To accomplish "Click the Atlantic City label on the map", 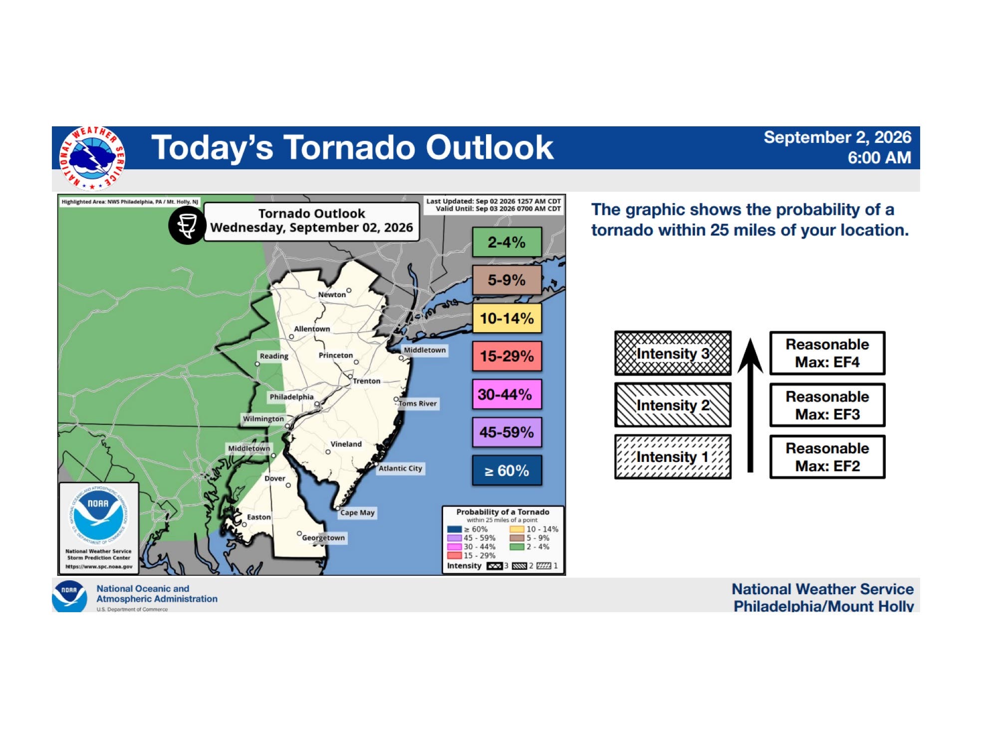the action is pyautogui.click(x=400, y=468).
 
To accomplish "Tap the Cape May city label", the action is pyautogui.click(x=357, y=513).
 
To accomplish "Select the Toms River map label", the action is pyautogui.click(x=418, y=403).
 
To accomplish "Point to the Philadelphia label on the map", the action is pyautogui.click(x=291, y=397).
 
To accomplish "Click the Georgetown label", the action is pyautogui.click(x=323, y=538).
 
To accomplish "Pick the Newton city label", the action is pyautogui.click(x=332, y=295).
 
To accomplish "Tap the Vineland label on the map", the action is pyautogui.click(x=346, y=444).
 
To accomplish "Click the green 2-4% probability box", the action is pyautogui.click(x=506, y=242).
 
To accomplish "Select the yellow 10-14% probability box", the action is pyautogui.click(x=506, y=318).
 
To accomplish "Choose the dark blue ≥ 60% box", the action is pyautogui.click(x=506, y=470).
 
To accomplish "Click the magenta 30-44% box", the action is pyautogui.click(x=506, y=394).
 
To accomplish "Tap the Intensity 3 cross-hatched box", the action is pyautogui.click(x=673, y=353).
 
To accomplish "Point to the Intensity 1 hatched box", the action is pyautogui.click(x=673, y=457).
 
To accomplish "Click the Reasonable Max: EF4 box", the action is pyautogui.click(x=827, y=353).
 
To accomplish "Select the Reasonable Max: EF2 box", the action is pyautogui.click(x=827, y=457).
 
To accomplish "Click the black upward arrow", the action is pyautogui.click(x=750, y=405).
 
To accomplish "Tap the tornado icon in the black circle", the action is pyautogui.click(x=187, y=226).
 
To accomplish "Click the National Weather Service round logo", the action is pyautogui.click(x=92, y=158).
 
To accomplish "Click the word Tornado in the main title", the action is pyautogui.click(x=349, y=147).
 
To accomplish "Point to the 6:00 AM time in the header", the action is pyautogui.click(x=879, y=158).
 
